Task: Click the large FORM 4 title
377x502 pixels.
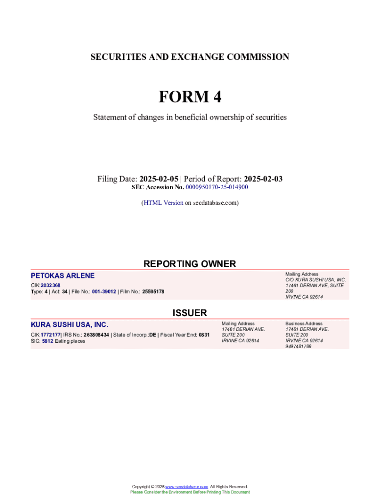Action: tap(189, 97)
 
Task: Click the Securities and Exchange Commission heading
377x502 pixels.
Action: tap(189, 57)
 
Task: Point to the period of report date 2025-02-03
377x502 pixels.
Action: tap(263, 179)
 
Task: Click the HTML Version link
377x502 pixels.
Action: tap(163, 202)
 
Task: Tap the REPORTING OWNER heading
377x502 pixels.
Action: tap(189, 264)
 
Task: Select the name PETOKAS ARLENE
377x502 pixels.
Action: tap(63, 276)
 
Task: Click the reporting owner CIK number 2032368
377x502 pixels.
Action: tap(50, 285)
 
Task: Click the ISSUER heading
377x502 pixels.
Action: tap(189, 313)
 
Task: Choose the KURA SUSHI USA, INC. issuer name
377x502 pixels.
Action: tap(70, 325)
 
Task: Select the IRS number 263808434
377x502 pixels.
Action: tap(96, 335)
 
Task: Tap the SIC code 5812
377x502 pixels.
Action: tap(47, 341)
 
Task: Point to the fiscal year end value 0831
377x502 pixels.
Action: tap(204, 335)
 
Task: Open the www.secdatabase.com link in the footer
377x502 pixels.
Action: tap(187, 487)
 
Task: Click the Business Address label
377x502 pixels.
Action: tap(304, 324)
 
